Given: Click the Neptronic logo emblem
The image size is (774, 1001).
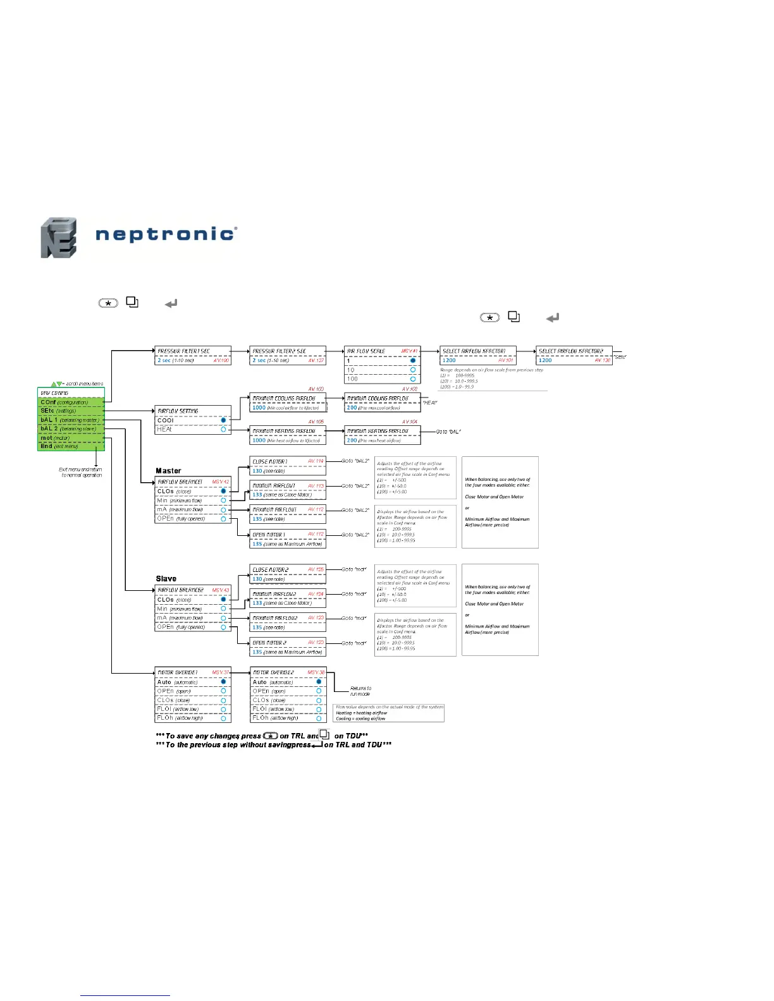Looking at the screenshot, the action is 59,238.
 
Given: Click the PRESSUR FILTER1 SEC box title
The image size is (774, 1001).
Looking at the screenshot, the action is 183,351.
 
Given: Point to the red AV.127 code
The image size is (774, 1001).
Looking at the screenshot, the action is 316,360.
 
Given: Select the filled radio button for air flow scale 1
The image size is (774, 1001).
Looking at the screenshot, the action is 413,361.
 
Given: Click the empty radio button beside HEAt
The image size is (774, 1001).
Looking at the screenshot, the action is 223,429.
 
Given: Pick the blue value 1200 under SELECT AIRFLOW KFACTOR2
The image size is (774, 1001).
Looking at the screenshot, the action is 545,360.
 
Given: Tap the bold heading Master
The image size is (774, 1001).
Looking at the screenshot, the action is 168,471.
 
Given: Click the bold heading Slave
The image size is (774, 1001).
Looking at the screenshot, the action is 166,578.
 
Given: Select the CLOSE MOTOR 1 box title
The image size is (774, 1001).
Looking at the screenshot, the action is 269,462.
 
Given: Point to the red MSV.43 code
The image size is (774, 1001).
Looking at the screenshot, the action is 221,590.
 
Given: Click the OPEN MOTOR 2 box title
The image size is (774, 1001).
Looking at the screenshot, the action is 269,643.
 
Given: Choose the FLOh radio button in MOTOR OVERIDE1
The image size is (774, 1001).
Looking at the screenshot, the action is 223,718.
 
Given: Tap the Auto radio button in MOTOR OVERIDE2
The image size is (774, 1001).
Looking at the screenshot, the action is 319,682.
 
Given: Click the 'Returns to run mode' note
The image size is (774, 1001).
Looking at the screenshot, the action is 361,691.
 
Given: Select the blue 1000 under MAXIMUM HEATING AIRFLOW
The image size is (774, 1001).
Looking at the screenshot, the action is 259,440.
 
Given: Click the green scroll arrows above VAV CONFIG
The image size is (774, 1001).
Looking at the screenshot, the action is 57,384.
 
